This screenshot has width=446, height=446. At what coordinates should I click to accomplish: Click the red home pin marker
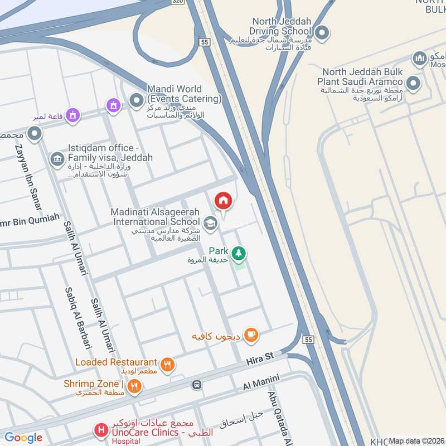click(223, 201)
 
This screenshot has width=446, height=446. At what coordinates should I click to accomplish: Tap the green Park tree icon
click(239, 253)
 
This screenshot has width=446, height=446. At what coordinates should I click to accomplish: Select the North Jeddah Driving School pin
click(321, 33)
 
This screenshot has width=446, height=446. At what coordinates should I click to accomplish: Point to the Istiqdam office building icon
click(57, 159)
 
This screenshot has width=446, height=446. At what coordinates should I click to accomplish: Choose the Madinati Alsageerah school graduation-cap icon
click(210, 224)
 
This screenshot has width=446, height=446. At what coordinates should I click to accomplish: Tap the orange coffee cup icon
click(251, 334)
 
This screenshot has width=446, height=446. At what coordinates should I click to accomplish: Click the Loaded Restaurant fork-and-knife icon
click(167, 365)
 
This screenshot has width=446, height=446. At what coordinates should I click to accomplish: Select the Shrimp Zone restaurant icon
click(134, 385)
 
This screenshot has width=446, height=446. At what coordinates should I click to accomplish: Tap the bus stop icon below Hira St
click(196, 385)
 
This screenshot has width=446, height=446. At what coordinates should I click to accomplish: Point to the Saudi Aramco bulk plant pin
click(413, 84)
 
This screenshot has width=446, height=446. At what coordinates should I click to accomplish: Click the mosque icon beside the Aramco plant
click(419, 58)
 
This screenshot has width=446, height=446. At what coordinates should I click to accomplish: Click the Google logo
click(23, 438)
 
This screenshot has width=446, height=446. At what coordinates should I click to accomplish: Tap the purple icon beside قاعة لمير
click(71, 115)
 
